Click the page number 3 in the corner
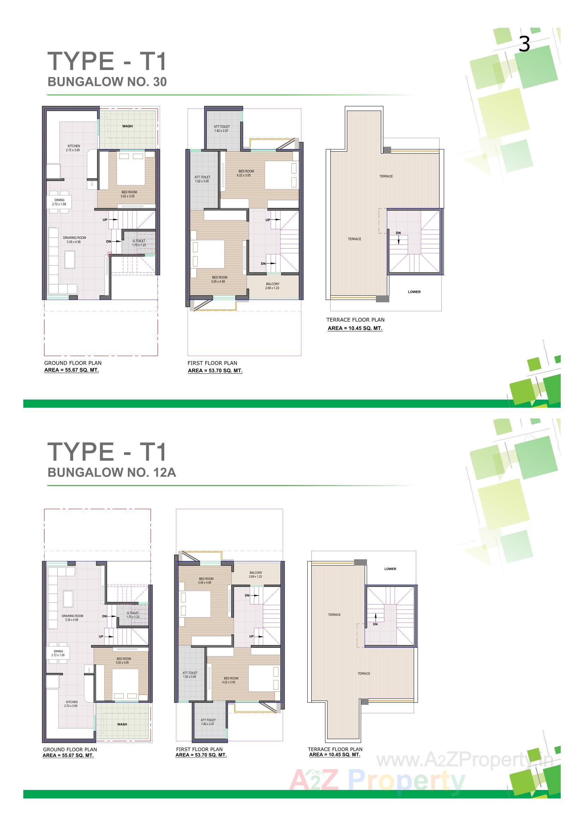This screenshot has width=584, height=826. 524,44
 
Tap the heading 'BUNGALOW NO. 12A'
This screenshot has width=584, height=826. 112,472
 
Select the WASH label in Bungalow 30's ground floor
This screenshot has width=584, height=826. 128,126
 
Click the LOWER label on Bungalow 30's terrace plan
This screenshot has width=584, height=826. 414,292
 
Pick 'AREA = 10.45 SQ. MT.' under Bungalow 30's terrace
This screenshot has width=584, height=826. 355,328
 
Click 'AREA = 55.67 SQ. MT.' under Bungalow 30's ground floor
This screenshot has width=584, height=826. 71,370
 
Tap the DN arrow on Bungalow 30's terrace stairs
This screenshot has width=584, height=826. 399,238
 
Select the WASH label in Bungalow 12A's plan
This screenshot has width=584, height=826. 122,724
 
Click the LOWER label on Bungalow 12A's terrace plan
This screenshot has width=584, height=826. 390,569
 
